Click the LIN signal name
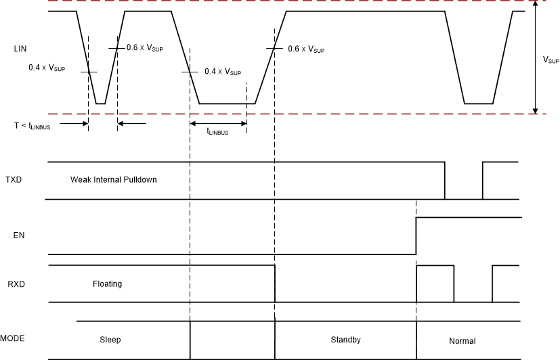[20, 49]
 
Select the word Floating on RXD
[107, 284]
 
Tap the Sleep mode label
[110, 339]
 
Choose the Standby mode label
[345, 339]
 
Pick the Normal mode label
[462, 341]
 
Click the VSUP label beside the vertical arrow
[551, 60]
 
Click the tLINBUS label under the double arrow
[217, 133]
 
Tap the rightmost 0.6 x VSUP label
[306, 49]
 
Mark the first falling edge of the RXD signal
[275, 284]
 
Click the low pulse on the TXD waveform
[464, 198]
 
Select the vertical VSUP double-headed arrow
[536, 57]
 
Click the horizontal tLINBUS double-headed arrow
[217, 122]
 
